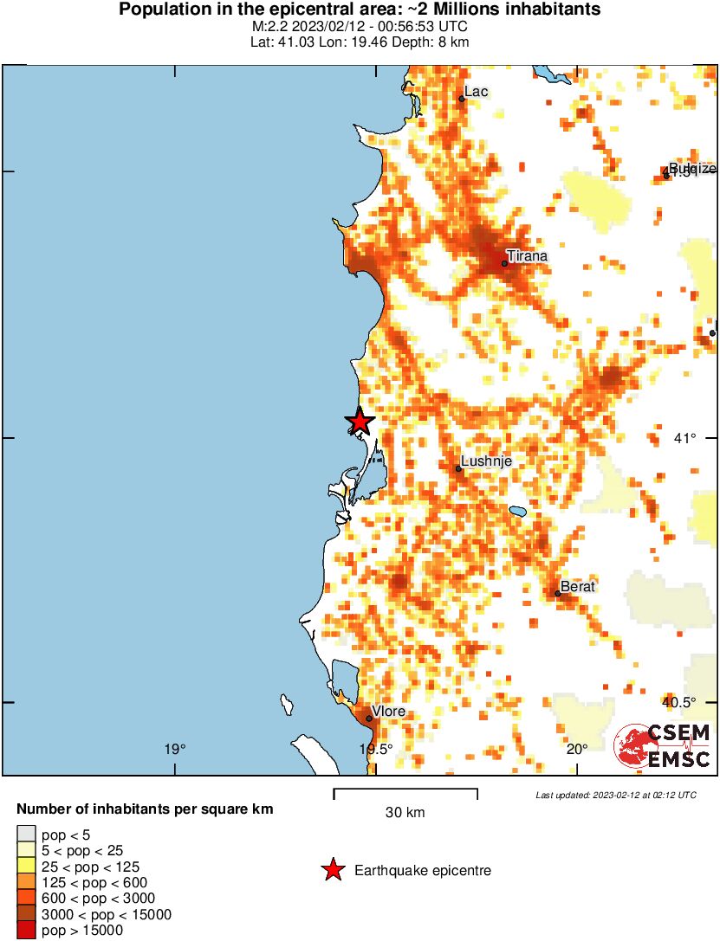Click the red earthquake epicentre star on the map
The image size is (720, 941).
pyautogui.click(x=360, y=422)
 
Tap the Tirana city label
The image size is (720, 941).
pyautogui.click(x=528, y=256)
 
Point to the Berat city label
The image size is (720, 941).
pyautogui.click(x=578, y=587)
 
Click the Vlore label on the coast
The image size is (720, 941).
pyautogui.click(x=388, y=712)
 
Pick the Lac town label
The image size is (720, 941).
pyautogui.click(x=477, y=92)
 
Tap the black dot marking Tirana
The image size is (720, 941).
pyautogui.click(x=504, y=263)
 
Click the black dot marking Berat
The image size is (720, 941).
pyautogui.click(x=558, y=594)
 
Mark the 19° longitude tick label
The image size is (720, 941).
pyautogui.click(x=176, y=749)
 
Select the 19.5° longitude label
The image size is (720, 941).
pyautogui.click(x=376, y=749)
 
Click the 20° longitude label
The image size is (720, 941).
pyautogui.click(x=578, y=749)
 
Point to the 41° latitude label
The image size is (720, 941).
pyautogui.click(x=685, y=438)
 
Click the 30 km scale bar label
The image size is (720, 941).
pyautogui.click(x=405, y=813)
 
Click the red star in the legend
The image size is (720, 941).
pyautogui.click(x=333, y=870)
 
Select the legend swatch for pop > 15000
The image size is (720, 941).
pyautogui.click(x=26, y=931)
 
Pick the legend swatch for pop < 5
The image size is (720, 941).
pyautogui.click(x=26, y=835)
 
